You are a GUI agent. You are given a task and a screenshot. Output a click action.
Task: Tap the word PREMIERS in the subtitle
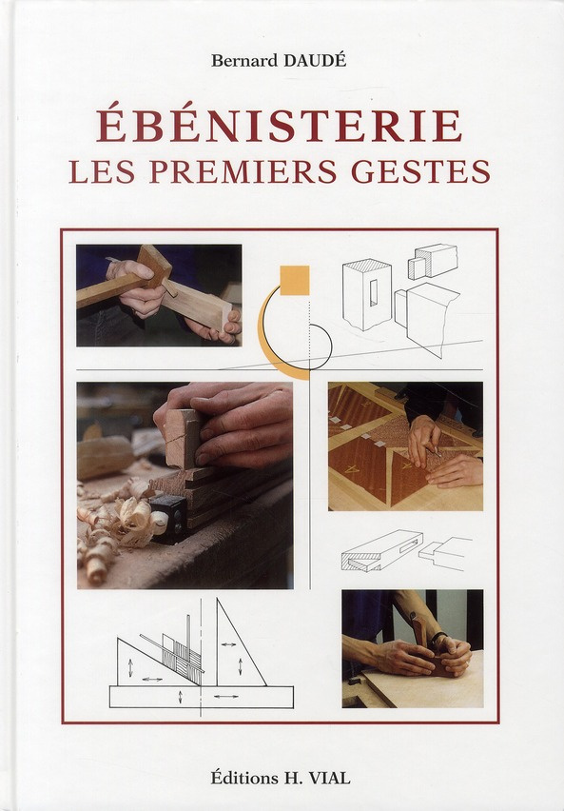click(x=276, y=172)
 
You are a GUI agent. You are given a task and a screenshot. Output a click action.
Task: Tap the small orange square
click(x=295, y=279)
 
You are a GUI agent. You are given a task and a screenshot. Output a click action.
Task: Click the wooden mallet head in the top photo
click(x=155, y=264)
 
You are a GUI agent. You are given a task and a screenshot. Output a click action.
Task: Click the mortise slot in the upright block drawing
click(x=373, y=295)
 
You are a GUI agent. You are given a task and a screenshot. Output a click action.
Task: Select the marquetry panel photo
click(x=405, y=445)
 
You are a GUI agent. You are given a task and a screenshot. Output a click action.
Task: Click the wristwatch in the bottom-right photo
click(x=438, y=639)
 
